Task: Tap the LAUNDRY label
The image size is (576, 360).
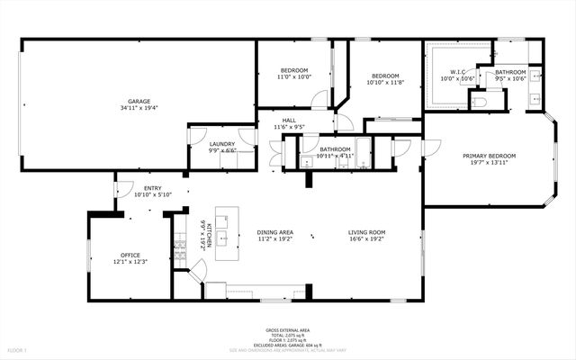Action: click(x=222, y=144)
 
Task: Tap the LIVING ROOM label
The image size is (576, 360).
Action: click(x=366, y=232)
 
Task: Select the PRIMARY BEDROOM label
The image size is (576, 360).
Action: click(x=487, y=156)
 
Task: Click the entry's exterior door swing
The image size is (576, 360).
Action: click(x=121, y=186)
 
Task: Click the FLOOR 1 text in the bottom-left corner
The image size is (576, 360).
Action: click(x=18, y=348)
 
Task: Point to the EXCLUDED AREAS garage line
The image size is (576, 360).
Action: click(x=287, y=345)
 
